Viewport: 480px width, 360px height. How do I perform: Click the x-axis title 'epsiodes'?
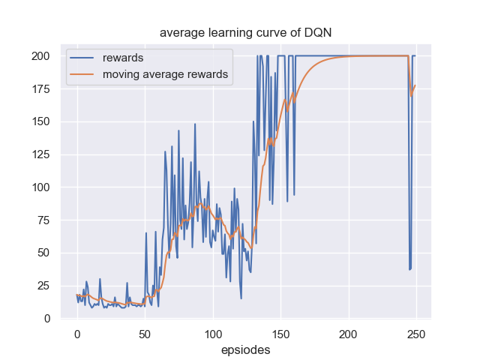click(x=245, y=349)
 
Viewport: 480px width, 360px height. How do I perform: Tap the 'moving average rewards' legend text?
click(x=165, y=74)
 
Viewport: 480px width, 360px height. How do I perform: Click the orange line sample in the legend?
click(x=82, y=74)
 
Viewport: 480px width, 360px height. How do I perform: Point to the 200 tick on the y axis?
click(x=41, y=56)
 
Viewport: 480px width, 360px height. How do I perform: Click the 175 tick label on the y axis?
click(x=41, y=89)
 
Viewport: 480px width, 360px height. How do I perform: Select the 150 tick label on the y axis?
click(x=41, y=121)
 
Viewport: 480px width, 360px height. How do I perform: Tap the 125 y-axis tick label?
click(x=41, y=154)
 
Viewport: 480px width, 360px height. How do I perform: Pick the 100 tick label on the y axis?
click(x=41, y=187)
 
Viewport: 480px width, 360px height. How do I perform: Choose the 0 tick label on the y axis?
click(x=47, y=318)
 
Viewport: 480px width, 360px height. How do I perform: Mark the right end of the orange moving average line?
click(x=415, y=85)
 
